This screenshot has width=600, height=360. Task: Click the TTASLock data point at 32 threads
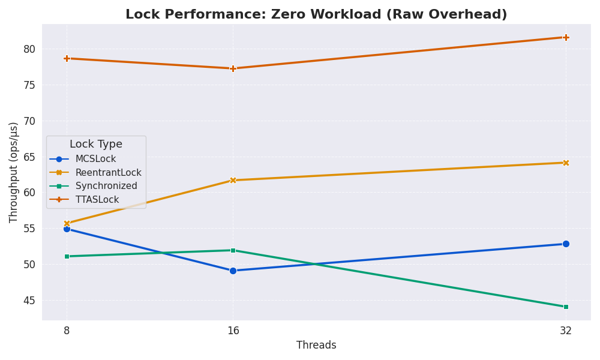(566, 37)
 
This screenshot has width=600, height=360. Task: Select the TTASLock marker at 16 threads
(233, 68)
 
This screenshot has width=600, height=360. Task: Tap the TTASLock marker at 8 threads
(67, 58)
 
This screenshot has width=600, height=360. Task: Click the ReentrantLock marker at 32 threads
(566, 163)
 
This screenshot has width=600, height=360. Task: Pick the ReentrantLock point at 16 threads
(233, 180)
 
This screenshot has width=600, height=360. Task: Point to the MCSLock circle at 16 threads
(233, 271)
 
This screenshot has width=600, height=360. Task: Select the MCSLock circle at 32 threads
(566, 244)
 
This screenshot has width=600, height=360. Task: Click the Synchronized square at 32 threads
(566, 307)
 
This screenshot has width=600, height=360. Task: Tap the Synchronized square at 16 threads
(233, 250)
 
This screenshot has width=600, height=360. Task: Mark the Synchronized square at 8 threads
(67, 256)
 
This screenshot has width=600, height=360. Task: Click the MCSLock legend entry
(95, 159)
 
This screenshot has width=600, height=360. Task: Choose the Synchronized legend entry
(106, 186)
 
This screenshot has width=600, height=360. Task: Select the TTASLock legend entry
(97, 200)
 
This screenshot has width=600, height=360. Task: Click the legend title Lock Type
(96, 145)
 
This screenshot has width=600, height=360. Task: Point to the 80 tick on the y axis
(29, 49)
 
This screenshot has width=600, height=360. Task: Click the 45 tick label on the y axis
(29, 301)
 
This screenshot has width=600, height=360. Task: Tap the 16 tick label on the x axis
(233, 331)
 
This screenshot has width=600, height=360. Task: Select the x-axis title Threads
(316, 346)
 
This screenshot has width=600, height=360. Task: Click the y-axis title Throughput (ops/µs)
(14, 172)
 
